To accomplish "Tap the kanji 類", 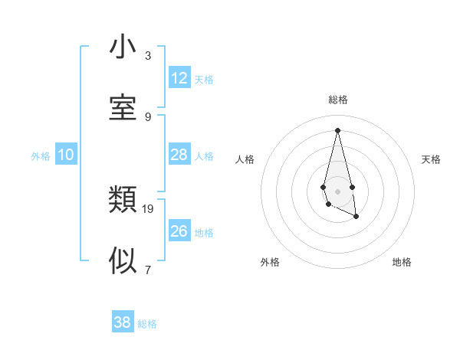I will point(123,201).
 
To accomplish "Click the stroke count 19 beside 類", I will point(148,208).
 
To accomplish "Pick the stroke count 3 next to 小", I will point(148,56).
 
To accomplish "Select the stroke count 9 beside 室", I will point(148,116).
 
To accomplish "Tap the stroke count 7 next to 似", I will point(148,270).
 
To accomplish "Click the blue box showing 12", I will point(179,78).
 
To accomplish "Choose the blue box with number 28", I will point(179,155).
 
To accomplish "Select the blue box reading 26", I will point(179,231).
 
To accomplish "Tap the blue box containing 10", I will point(66,155).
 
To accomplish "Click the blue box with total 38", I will point(123,322).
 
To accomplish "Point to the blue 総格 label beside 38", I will point(147,324).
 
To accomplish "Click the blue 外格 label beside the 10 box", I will point(41,156).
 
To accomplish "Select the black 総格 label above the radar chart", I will point(337,100).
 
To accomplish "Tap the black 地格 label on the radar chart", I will point(402,262).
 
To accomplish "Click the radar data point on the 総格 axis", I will point(337,129).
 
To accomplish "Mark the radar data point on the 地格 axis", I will point(356,217).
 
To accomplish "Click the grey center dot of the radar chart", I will point(337,191).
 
